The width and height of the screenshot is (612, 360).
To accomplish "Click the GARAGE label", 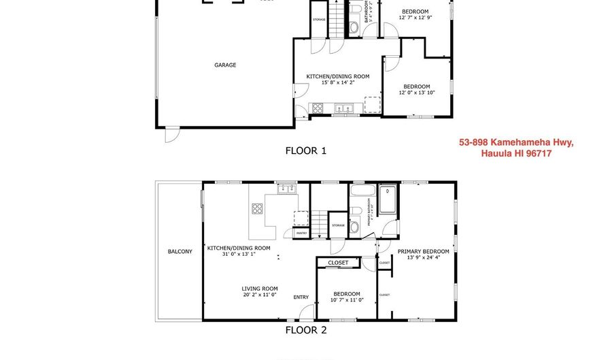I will point(225,65).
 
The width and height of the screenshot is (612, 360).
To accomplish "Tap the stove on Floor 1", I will point(317,108).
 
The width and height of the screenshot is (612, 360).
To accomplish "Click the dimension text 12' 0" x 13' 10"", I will point(416,93).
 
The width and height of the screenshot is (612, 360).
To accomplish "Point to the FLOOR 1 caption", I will point(305,150).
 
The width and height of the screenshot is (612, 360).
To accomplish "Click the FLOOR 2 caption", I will point(305,331).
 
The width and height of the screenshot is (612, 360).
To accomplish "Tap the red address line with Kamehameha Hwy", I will point(516,142).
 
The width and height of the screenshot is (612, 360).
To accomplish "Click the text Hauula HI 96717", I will point(516,154).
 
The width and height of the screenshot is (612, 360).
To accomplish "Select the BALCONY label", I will point(180,252).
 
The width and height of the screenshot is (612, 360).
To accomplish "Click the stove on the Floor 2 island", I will point(258,209).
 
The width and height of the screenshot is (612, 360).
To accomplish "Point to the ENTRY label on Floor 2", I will point(301,297).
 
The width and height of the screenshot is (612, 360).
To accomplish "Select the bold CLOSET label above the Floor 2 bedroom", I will point(338,263).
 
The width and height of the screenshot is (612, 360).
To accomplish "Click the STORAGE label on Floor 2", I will point(339,225).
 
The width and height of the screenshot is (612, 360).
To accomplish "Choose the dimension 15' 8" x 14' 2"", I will point(337,83).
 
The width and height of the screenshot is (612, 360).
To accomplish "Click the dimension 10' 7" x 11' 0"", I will point(346,300).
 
